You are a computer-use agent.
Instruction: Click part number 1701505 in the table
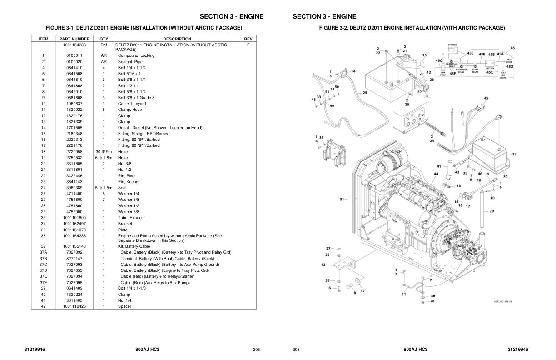tap(74, 128)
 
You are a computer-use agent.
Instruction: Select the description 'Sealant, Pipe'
tap(130, 62)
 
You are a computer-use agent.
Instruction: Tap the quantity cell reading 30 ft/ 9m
tap(104, 152)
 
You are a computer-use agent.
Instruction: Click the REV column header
tap(248, 39)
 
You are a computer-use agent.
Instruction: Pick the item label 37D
tap(43, 270)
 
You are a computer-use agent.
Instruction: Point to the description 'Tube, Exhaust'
tap(131, 218)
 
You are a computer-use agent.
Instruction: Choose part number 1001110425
tap(74, 306)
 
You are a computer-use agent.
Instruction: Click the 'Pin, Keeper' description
tap(129, 182)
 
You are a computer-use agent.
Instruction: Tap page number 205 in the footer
tap(256, 350)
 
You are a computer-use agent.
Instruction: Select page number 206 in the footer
tap(296, 350)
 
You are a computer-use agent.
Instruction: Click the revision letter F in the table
tap(248, 45)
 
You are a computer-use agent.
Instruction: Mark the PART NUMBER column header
tap(74, 39)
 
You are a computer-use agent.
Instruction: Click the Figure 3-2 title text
tap(412, 28)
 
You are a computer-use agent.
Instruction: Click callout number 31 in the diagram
tap(342, 199)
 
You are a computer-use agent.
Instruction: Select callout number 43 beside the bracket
tap(323, 265)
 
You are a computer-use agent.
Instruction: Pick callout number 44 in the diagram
tap(436, 174)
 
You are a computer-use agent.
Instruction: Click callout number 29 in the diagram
tap(491, 211)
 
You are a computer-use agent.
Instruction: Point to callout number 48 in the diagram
tap(313, 100)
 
